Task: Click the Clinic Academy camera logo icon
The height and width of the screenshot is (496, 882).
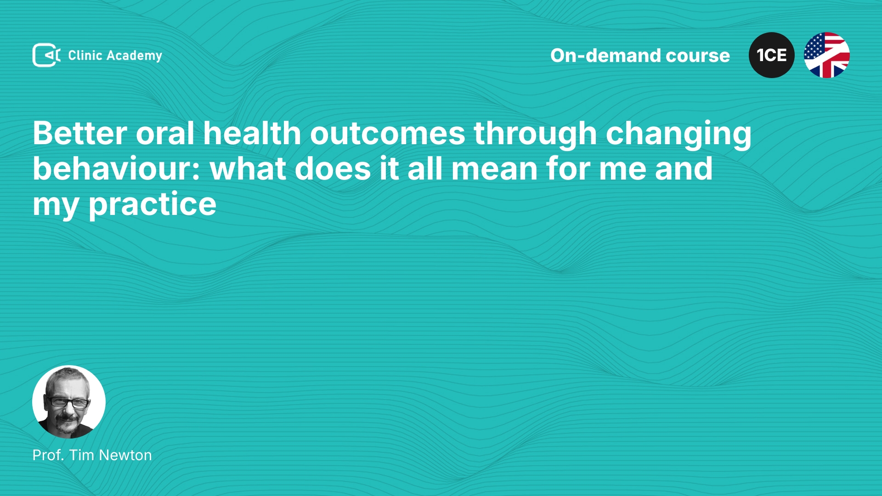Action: point(46,55)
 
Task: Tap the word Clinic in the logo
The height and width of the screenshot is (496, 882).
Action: point(85,55)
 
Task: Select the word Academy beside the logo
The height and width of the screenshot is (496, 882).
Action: point(134,56)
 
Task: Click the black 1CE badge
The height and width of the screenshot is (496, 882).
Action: point(772,55)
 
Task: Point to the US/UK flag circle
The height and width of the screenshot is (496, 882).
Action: point(827,55)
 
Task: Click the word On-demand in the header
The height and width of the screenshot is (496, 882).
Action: point(605,56)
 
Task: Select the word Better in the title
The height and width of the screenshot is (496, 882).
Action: point(80,133)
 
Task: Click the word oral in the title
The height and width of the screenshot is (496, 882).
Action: point(165,133)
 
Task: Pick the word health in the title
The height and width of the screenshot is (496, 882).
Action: point(252,133)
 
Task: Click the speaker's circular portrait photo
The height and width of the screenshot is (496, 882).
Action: point(69,402)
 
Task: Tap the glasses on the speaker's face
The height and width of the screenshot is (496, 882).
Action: point(68,402)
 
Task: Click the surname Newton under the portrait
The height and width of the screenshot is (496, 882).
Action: point(125,455)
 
